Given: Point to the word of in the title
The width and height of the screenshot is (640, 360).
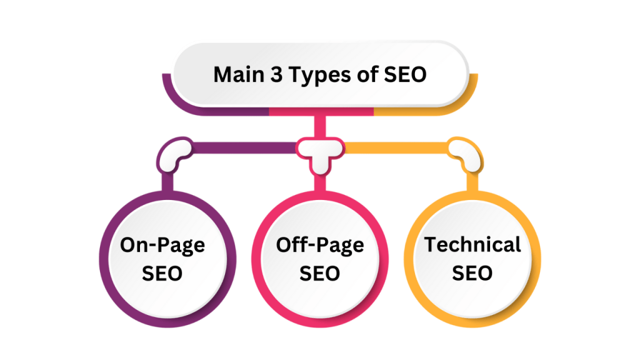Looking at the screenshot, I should (366, 75).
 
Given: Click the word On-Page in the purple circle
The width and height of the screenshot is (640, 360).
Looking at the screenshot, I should (162, 245).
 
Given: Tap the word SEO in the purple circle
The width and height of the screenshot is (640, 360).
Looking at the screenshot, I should (162, 272).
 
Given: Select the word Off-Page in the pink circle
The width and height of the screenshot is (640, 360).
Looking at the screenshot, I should (319, 245).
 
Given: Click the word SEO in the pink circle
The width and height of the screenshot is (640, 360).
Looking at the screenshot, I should (319, 272).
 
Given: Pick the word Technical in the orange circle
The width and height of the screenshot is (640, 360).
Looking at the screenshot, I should (473, 244).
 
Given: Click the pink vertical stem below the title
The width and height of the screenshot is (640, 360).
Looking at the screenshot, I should (320, 125).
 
